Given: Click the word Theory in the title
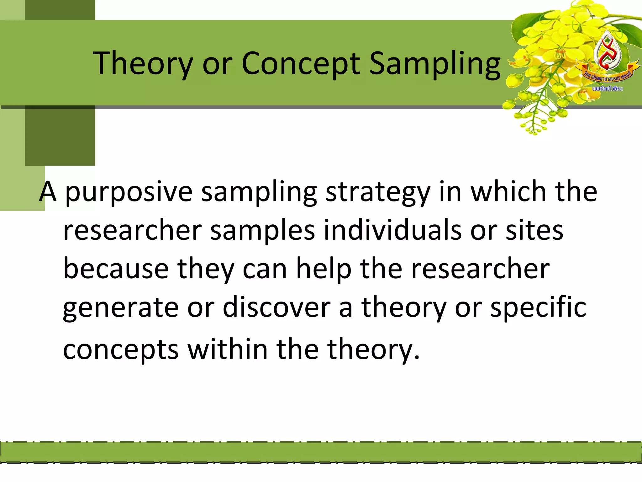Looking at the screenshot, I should click(x=143, y=64).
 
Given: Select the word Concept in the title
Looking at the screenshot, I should click(x=301, y=64).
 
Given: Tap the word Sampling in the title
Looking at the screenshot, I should click(x=435, y=64).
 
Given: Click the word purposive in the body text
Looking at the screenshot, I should click(x=129, y=192).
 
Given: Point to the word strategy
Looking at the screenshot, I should click(x=378, y=192).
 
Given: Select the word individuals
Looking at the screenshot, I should click(x=392, y=231).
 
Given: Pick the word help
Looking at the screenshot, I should click(x=324, y=269).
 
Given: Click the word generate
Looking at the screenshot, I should click(x=121, y=308).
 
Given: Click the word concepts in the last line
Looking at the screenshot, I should click(x=121, y=350).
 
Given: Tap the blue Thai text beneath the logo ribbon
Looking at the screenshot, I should click(x=608, y=89).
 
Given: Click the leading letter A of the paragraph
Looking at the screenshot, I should click(x=48, y=192).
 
